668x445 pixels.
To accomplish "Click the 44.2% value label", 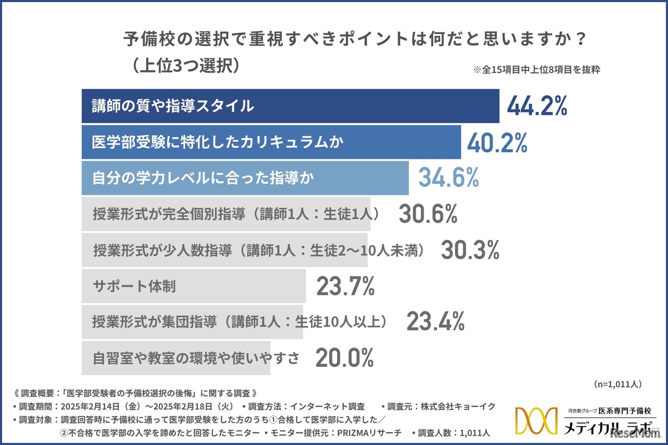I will [537, 106].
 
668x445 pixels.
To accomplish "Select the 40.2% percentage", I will [497, 142].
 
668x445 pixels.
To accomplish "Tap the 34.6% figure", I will [448, 178].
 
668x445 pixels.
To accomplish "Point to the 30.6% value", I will [428, 213].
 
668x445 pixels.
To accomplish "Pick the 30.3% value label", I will [470, 250].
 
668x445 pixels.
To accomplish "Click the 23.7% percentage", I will [345, 286].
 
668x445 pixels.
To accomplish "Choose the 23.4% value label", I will [435, 322].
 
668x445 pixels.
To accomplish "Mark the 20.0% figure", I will [344, 358].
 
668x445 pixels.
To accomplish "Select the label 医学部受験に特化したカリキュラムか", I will [218, 142].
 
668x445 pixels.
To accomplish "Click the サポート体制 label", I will [134, 286].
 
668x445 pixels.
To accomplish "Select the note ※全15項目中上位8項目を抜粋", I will [536, 70].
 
